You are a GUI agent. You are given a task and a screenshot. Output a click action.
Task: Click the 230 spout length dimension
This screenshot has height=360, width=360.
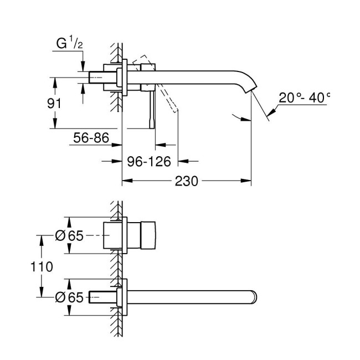coord(186,181)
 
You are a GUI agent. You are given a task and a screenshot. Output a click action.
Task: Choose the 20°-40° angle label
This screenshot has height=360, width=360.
coord(304,98)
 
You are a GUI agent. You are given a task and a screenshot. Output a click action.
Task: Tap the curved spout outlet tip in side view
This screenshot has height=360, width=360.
coord(253,89)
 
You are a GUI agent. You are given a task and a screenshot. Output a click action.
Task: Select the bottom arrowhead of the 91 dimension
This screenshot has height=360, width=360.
coord(55,126)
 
